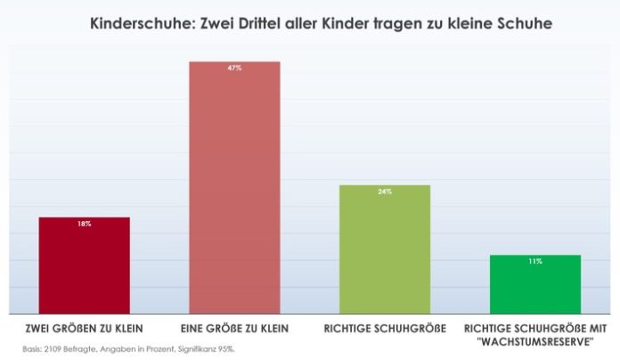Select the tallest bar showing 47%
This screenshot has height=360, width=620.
tap(235, 187)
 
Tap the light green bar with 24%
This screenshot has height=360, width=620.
tap(385, 250)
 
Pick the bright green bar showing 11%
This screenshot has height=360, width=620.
tap(535, 284)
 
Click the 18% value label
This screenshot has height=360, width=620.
tap(85, 224)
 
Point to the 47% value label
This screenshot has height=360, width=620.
tap(235, 68)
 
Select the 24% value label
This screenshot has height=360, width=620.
tap(385, 192)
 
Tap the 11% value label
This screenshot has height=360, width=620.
tap(535, 261)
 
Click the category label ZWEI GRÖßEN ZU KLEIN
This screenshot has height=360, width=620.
tap(86, 328)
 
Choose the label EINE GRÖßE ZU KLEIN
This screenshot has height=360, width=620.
tap(235, 328)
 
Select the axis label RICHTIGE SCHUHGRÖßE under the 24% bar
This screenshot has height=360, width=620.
tap(385, 328)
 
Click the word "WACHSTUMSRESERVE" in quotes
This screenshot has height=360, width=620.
tap(535, 340)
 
